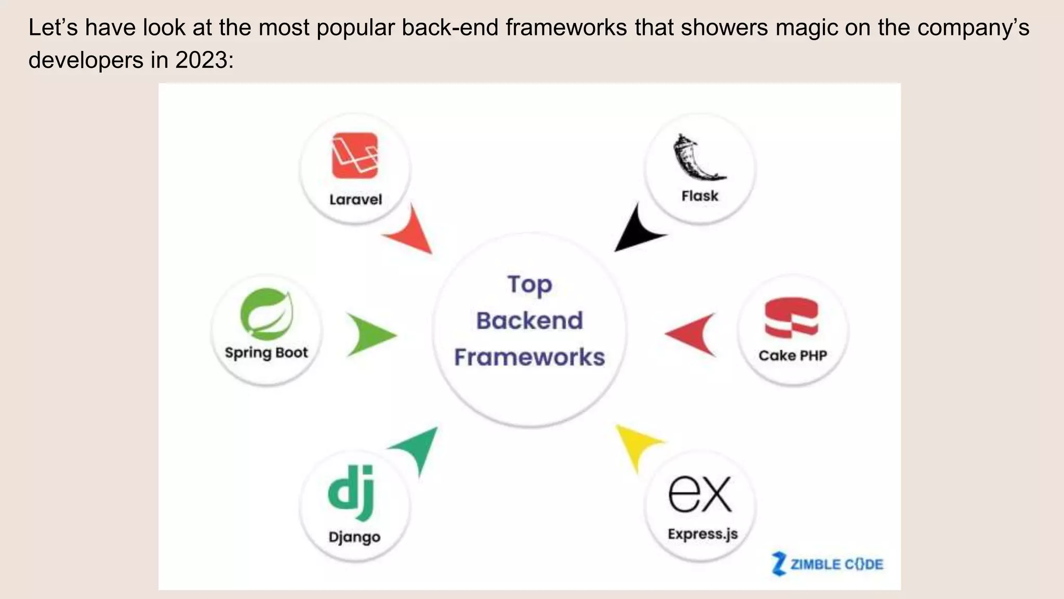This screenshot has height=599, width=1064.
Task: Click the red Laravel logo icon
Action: coord(355,155)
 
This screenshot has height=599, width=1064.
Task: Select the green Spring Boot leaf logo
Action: coord(267,314)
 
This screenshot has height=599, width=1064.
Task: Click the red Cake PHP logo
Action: coord(791,318)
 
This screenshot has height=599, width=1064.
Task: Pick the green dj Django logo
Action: coord(351,492)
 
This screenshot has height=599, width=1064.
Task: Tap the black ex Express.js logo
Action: coord(700,494)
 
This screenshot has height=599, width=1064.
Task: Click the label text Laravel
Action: coord(355,200)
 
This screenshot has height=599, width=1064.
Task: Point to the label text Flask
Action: coord(700,196)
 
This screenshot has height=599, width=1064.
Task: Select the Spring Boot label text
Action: coord(266,353)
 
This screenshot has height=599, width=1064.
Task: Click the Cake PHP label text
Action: coord(792,356)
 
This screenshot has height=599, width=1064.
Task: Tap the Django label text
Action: coord(354,537)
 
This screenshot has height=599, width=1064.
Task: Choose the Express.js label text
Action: coord(702,534)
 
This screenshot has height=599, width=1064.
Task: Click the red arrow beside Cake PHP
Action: coord(693,334)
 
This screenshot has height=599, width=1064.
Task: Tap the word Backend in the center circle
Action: coord(529,320)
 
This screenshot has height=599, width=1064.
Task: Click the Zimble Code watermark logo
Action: coord(828,564)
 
